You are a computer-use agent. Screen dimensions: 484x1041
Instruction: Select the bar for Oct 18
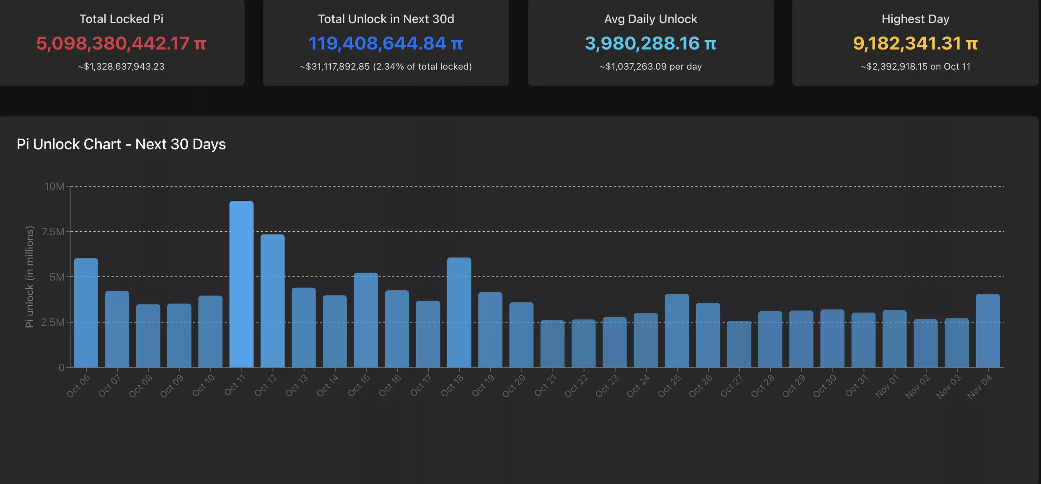pos(459,312)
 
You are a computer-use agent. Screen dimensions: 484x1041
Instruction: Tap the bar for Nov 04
pos(988,331)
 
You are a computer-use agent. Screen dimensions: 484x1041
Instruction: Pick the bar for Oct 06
pos(86,313)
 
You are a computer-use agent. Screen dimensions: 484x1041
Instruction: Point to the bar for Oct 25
pos(677,331)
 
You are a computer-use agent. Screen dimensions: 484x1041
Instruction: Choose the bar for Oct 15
pos(366,320)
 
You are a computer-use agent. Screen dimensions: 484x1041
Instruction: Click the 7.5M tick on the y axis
pos(54,232)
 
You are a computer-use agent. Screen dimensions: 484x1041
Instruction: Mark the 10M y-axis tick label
pos(54,186)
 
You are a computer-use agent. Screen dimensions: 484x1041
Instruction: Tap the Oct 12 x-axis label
pos(266,385)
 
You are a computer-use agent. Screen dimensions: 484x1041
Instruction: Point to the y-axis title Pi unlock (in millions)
pos(29,277)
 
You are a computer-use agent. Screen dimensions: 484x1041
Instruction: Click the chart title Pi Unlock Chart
pos(121,144)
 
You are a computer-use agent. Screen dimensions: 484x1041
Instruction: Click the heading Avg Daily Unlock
pos(650,19)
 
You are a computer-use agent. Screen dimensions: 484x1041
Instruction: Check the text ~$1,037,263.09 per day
pos(650,66)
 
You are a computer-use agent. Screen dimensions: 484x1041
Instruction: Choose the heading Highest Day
pos(915,19)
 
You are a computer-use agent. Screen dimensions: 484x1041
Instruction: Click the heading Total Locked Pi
pos(121,19)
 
